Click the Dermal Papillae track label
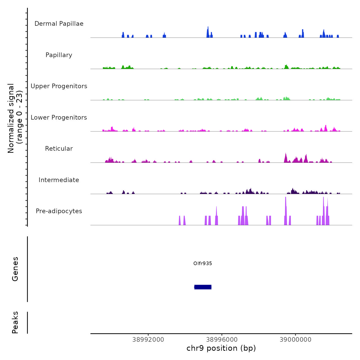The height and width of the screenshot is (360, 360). [x=59, y=24]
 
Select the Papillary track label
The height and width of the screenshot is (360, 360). [x=59, y=55]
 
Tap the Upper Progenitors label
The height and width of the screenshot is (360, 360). [x=59, y=86]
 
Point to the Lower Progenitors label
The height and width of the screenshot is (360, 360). [x=59, y=118]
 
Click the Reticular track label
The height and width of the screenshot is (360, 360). [x=59, y=149]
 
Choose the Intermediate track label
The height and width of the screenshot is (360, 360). [x=59, y=180]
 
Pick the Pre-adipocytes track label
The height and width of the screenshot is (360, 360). [x=59, y=211]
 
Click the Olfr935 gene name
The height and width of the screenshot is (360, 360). [x=203, y=263]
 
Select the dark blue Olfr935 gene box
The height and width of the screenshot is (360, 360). [x=203, y=287]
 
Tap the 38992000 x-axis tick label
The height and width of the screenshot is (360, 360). [x=148, y=340]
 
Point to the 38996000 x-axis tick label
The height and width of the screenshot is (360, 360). [x=222, y=340]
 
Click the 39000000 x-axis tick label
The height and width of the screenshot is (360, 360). [x=295, y=340]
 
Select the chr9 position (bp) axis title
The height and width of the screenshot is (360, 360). [x=221, y=348]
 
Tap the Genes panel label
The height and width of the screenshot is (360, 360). [x=15, y=269]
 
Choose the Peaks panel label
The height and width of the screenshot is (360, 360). [x=15, y=322]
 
